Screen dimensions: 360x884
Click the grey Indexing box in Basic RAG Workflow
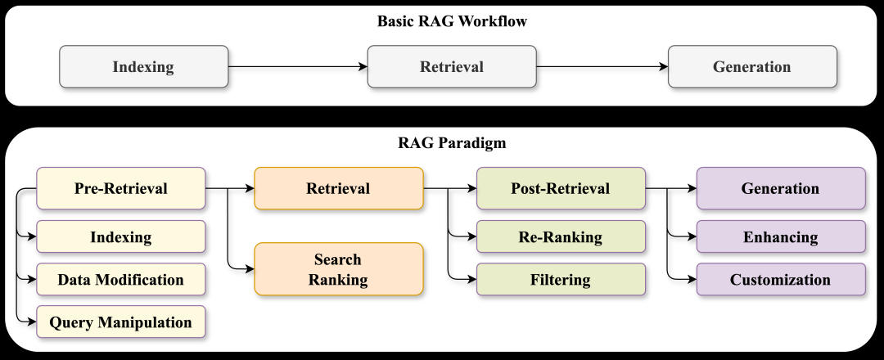tap(143, 67)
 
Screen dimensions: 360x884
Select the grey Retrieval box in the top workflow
tap(452, 67)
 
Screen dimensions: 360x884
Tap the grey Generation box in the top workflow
tap(752, 67)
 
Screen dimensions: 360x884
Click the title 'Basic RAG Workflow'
tap(452, 22)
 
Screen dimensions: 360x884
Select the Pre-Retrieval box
tap(120, 189)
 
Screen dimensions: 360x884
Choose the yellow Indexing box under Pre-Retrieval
tap(120, 237)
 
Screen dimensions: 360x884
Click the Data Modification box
tap(120, 280)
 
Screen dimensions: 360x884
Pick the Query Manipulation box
tap(120, 322)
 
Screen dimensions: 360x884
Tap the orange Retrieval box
tap(338, 189)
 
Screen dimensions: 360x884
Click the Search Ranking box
tap(338, 269)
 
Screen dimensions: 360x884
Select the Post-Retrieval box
tap(561, 189)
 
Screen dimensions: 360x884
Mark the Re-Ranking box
tap(561, 237)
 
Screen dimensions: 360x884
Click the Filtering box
tap(561, 280)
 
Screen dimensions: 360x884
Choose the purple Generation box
tap(780, 189)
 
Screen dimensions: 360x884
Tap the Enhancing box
tap(780, 237)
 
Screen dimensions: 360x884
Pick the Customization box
tap(780, 280)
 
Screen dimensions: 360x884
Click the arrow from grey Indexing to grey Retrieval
tap(297, 67)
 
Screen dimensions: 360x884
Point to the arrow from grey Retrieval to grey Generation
tap(602, 67)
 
